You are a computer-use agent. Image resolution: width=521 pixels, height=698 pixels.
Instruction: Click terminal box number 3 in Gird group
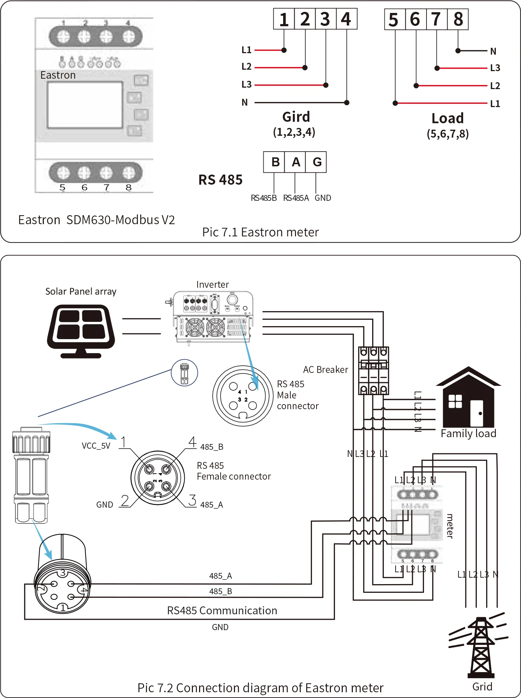click(x=326, y=19)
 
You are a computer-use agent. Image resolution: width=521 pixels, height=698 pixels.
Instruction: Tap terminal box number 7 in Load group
click(x=437, y=19)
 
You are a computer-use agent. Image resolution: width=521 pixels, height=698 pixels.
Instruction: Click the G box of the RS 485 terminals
click(x=317, y=162)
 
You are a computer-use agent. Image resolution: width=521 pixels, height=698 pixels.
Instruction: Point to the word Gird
click(x=296, y=117)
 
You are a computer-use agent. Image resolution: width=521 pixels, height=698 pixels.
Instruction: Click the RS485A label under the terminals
click(x=296, y=198)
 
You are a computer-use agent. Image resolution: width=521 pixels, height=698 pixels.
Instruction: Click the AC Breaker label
click(x=326, y=370)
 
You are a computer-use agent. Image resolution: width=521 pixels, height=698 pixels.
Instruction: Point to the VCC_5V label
click(x=96, y=446)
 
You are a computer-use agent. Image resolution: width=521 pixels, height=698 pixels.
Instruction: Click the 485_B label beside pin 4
click(x=212, y=447)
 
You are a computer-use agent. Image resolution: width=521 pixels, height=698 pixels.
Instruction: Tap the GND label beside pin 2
click(x=105, y=505)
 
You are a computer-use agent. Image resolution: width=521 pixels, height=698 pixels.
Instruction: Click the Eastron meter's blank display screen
click(x=85, y=105)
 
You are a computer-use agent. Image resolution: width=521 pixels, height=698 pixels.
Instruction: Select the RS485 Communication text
click(x=222, y=610)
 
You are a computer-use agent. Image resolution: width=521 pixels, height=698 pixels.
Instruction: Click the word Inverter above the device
click(x=212, y=285)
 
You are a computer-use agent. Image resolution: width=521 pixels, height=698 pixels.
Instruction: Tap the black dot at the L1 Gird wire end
click(x=284, y=50)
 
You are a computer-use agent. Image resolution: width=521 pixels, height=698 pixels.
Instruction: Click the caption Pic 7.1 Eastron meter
click(x=260, y=232)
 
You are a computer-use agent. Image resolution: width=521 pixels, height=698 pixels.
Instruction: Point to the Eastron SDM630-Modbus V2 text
click(x=96, y=219)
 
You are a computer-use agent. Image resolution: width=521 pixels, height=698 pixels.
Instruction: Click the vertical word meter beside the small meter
click(x=449, y=526)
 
